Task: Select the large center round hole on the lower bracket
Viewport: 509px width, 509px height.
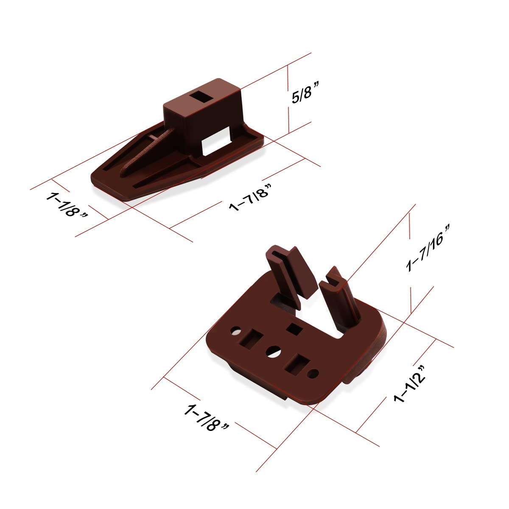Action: [273, 351]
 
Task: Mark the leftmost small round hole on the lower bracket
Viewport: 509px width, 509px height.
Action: [234, 330]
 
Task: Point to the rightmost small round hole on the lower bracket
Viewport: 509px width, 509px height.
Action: [313, 373]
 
